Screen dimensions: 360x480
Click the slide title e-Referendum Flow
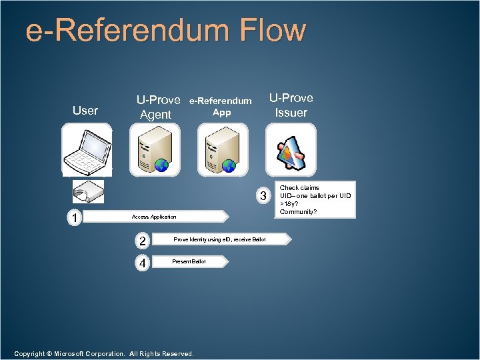click(165, 31)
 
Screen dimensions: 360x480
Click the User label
click(85, 111)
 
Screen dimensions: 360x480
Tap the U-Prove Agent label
click(157, 107)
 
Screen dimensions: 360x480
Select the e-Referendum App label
click(221, 107)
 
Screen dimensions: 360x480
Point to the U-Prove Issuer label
click(291, 105)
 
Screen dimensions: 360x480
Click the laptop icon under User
click(87, 149)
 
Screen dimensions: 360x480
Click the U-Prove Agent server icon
click(155, 151)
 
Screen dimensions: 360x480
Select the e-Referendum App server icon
click(223, 151)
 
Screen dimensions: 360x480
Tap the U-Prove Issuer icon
click(291, 151)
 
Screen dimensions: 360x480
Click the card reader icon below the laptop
click(87, 191)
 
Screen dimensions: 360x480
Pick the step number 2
click(141, 240)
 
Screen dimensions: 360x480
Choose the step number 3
click(263, 196)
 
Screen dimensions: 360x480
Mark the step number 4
click(141, 263)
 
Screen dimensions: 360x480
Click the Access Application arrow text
click(154, 217)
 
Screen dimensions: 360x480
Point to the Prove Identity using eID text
click(219, 239)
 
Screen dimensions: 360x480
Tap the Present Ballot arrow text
click(189, 261)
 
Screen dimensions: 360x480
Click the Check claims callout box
click(315, 199)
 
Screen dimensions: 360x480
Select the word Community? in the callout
click(298, 212)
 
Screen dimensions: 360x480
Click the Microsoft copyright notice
click(104, 353)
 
